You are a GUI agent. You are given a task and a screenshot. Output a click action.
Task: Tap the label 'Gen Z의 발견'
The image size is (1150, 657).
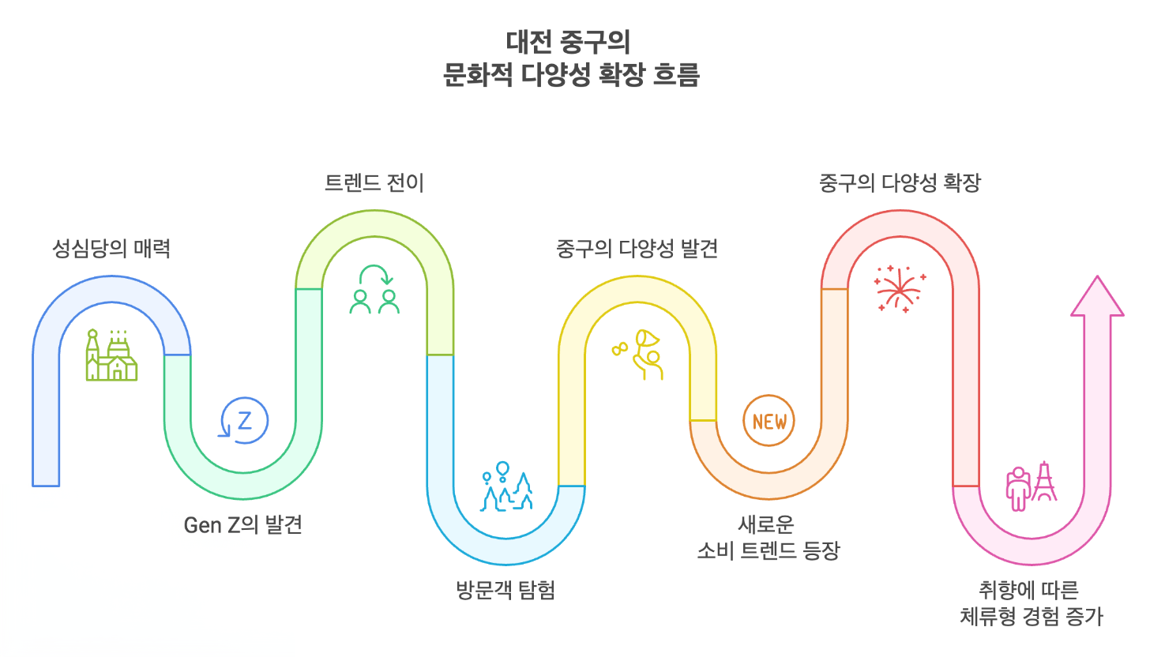tap(242, 524)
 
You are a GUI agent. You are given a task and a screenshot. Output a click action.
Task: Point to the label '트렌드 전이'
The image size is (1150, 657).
tap(374, 183)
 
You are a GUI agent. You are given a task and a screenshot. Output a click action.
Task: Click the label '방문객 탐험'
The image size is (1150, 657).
tap(505, 590)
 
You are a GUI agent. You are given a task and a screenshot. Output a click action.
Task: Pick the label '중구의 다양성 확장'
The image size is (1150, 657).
tap(900, 183)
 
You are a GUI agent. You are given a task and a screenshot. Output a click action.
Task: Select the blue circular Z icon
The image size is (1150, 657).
tap(244, 420)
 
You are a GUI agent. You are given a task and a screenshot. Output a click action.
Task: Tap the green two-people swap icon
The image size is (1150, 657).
tap(374, 289)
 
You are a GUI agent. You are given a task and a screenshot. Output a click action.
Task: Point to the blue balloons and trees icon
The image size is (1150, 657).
tap(506, 487)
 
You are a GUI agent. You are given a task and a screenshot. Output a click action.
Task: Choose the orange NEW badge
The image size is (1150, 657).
tap(769, 421)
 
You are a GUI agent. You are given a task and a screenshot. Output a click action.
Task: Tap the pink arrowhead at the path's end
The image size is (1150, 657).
tap(1097, 298)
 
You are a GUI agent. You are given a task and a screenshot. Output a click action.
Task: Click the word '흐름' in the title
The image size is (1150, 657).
tap(675, 77)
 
